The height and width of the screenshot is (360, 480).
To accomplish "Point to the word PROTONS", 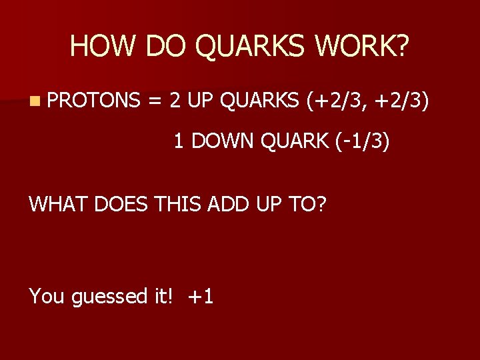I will click(94, 101).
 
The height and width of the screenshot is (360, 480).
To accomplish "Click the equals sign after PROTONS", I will click(155, 101).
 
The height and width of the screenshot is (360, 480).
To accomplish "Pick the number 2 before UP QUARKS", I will click(175, 101).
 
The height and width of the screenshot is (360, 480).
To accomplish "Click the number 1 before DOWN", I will click(178, 141).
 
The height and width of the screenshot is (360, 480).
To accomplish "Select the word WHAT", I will click(59, 203).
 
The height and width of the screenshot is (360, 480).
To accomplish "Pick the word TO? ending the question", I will click(309, 203).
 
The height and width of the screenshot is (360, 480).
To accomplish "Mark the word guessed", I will click(107, 296).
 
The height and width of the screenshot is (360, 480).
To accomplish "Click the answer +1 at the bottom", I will click(201, 296).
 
